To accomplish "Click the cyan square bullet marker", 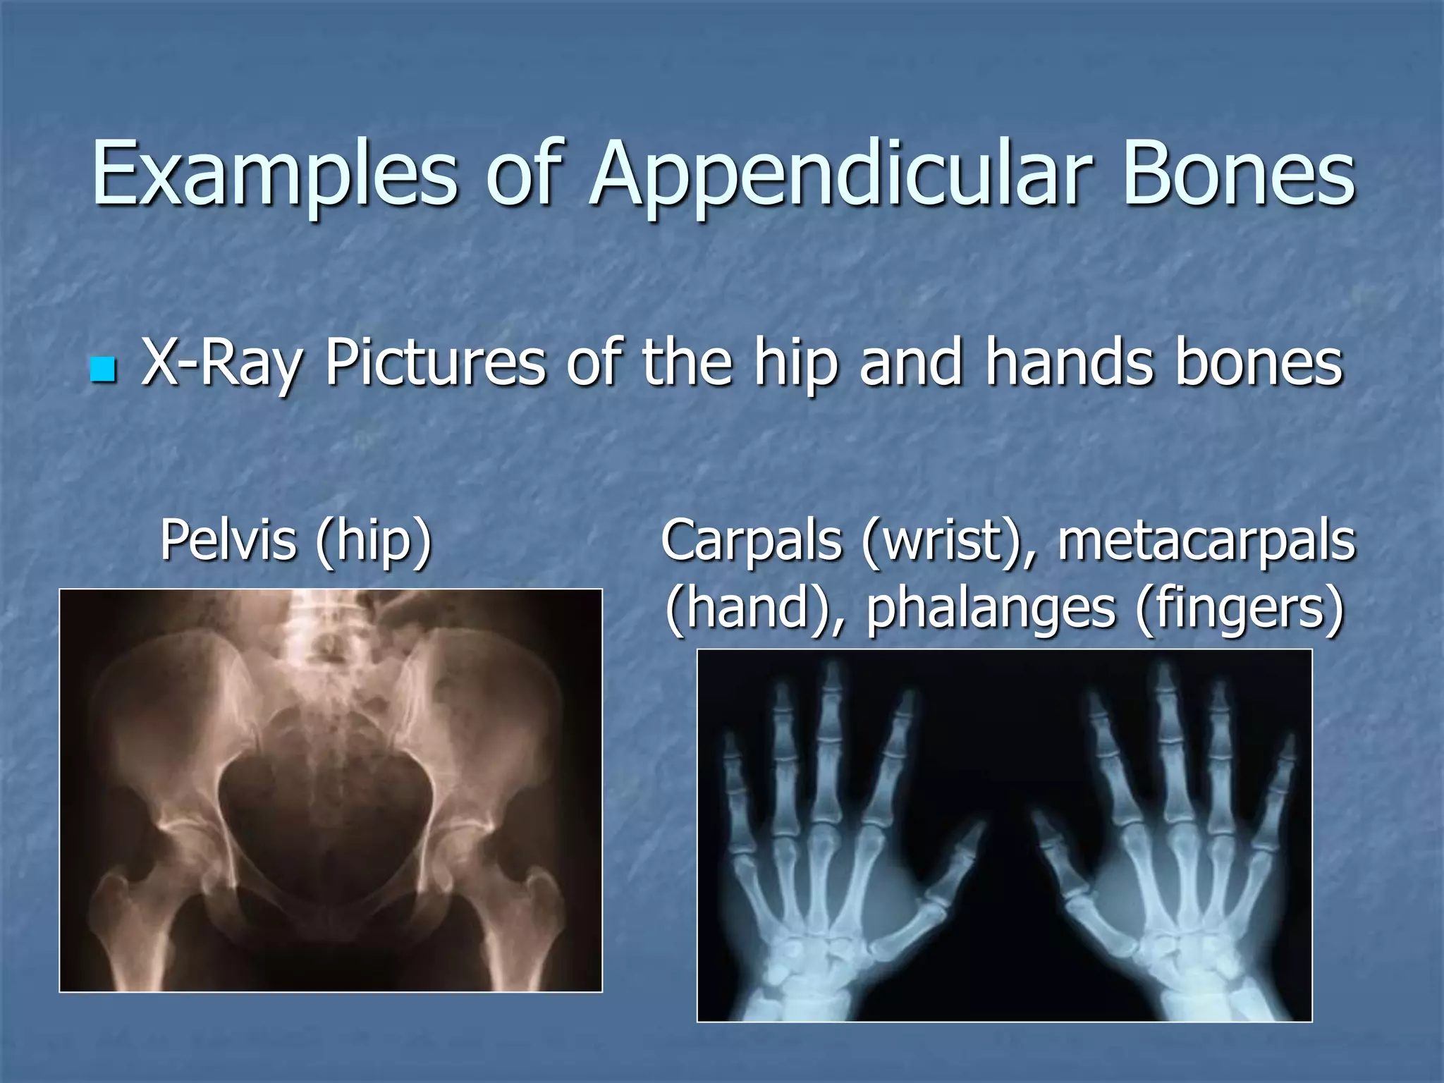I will coord(103,369).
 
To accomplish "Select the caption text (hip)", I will coord(373,541).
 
